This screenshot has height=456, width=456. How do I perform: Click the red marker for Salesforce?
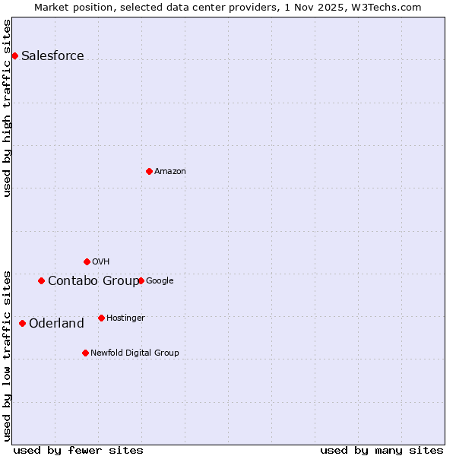point(14,55)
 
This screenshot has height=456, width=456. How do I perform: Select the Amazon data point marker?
point(149,171)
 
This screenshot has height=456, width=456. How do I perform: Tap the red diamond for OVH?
point(87,261)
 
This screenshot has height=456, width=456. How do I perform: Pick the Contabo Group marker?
point(41,280)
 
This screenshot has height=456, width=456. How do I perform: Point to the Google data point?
point(141,280)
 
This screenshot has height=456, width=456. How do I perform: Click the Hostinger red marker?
point(101,318)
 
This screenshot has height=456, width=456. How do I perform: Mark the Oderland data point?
point(22,323)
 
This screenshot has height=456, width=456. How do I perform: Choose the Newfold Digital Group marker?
point(85,353)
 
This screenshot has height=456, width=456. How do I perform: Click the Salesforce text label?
point(52,55)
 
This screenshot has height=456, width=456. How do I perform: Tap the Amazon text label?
point(170,171)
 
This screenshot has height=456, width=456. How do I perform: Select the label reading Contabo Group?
point(93,280)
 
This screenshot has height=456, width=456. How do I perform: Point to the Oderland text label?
point(56,323)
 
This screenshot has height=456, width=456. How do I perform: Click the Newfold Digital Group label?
point(135,353)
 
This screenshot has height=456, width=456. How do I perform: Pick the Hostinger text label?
point(125,318)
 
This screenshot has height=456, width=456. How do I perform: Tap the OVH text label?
point(101,261)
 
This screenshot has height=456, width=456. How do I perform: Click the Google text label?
point(160,280)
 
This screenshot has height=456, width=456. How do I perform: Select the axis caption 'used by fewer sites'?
point(78,450)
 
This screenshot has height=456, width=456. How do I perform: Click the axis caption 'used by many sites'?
point(382,450)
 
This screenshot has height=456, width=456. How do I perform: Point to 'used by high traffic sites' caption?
point(8,108)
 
